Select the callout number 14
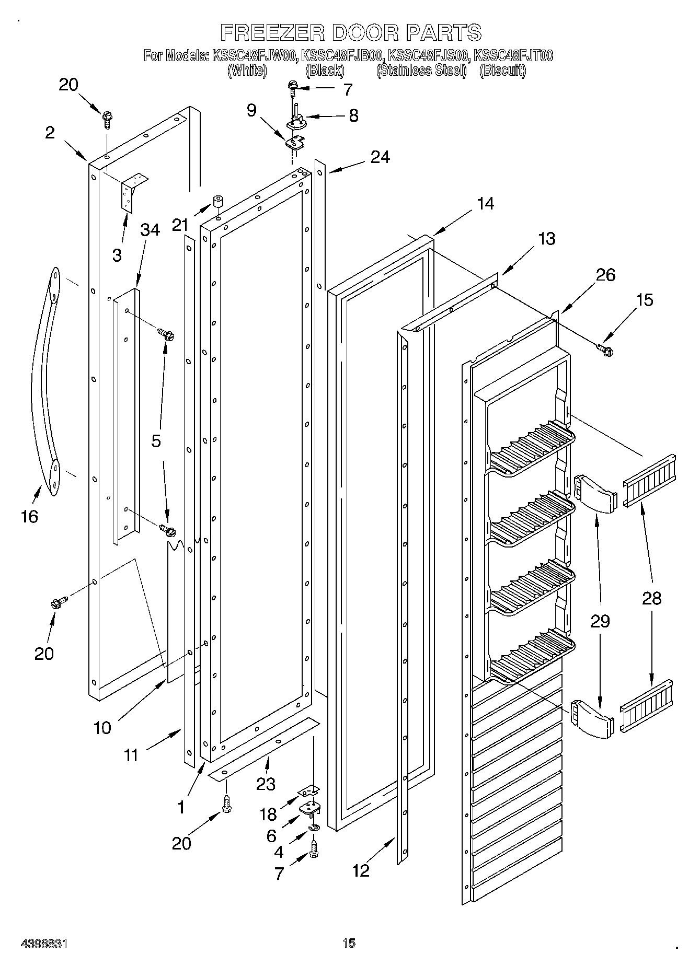pyautogui.click(x=485, y=203)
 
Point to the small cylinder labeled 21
pyautogui.click(x=218, y=202)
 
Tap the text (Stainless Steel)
pyautogui.click(x=421, y=71)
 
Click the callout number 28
pyautogui.click(x=651, y=598)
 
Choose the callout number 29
pyautogui.click(x=600, y=621)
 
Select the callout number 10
pyautogui.click(x=102, y=727)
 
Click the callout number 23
pyautogui.click(x=266, y=784)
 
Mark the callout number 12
pyautogui.click(x=360, y=870)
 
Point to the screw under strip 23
pyautogui.click(x=226, y=805)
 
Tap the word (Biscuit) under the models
pyautogui.click(x=502, y=71)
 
